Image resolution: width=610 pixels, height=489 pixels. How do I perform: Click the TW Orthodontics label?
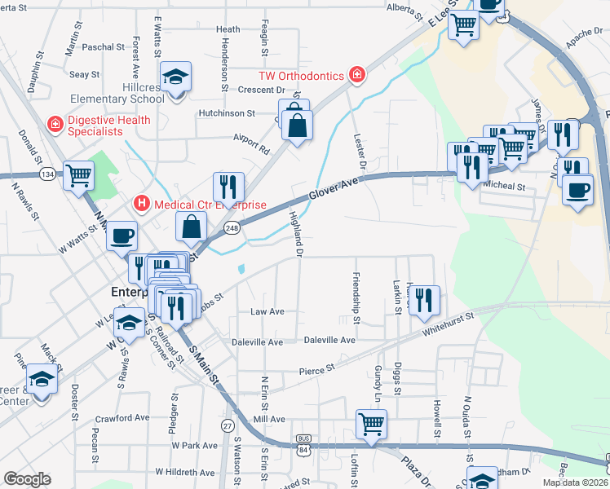(301, 75)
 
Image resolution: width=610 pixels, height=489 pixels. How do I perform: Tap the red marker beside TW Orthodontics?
(356, 75)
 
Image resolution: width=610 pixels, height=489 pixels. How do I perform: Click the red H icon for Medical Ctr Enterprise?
(142, 203)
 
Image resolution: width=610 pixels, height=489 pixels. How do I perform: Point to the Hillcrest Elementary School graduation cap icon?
(175, 78)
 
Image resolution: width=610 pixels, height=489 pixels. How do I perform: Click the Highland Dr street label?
(297, 235)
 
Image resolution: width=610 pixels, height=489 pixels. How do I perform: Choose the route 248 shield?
(232, 227)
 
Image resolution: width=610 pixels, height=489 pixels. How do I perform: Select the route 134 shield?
(50, 174)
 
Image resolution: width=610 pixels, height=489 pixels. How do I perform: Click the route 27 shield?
(227, 425)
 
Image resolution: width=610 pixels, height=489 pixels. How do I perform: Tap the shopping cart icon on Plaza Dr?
(371, 424)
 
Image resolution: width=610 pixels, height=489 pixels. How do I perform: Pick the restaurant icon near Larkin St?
(425, 301)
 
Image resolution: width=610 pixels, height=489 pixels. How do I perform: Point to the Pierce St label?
(317, 368)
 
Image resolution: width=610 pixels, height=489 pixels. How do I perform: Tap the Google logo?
(28, 479)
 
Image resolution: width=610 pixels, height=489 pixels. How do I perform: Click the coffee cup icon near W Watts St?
(122, 237)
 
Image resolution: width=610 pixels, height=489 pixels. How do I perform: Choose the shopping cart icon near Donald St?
(79, 175)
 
